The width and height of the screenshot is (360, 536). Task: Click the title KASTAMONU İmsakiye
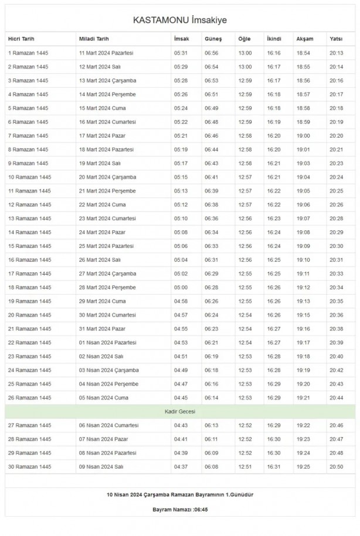pos(179,20)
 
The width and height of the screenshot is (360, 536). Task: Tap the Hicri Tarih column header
pos(21,39)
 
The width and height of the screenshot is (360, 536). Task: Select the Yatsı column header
pos(336,39)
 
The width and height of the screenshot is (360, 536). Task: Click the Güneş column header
pos(213,39)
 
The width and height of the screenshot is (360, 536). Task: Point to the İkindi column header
pos(274,39)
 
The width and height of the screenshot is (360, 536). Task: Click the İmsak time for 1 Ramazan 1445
pos(181,53)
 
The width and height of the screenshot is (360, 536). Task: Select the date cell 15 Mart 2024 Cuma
pos(102,108)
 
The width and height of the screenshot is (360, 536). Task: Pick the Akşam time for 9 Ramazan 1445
pos(303,163)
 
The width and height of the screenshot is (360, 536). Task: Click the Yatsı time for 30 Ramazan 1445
pos(337,466)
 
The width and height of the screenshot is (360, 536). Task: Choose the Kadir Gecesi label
pos(179,412)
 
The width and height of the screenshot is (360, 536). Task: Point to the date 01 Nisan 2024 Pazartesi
pos(107,343)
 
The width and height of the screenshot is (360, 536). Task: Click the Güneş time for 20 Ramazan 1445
pos(212,315)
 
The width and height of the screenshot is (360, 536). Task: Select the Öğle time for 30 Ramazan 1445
pos(245,466)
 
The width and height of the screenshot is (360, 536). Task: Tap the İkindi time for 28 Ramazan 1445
pos(274,439)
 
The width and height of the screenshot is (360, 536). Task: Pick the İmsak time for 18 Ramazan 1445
pos(181,288)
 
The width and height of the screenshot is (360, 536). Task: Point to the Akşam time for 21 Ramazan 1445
pos(303,329)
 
